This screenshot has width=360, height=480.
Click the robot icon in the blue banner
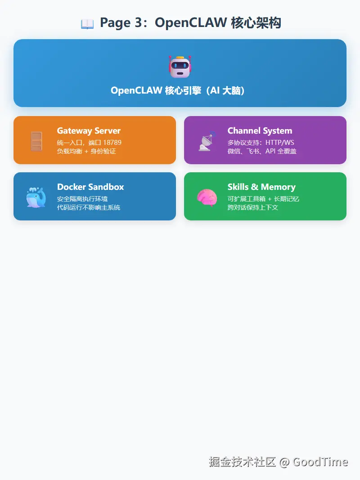(x=180, y=67)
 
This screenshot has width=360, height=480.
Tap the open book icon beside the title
(x=87, y=24)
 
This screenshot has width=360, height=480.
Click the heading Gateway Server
(x=89, y=131)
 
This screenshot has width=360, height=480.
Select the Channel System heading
(x=260, y=131)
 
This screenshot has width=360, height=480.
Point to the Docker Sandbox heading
(x=90, y=187)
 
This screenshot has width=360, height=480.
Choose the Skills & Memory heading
(x=261, y=187)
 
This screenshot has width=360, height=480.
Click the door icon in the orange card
(x=36, y=141)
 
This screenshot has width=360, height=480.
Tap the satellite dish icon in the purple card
(x=207, y=141)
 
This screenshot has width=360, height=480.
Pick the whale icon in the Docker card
(x=36, y=197)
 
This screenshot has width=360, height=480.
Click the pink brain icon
(x=207, y=197)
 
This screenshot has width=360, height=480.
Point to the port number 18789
(x=112, y=143)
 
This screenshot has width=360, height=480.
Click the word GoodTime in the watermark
(x=320, y=462)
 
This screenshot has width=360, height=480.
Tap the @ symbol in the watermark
(x=284, y=462)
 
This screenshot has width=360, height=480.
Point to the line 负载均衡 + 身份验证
(x=86, y=152)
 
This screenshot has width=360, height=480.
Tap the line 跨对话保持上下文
(x=253, y=207)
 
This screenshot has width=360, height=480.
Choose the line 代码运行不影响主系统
(x=89, y=207)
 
